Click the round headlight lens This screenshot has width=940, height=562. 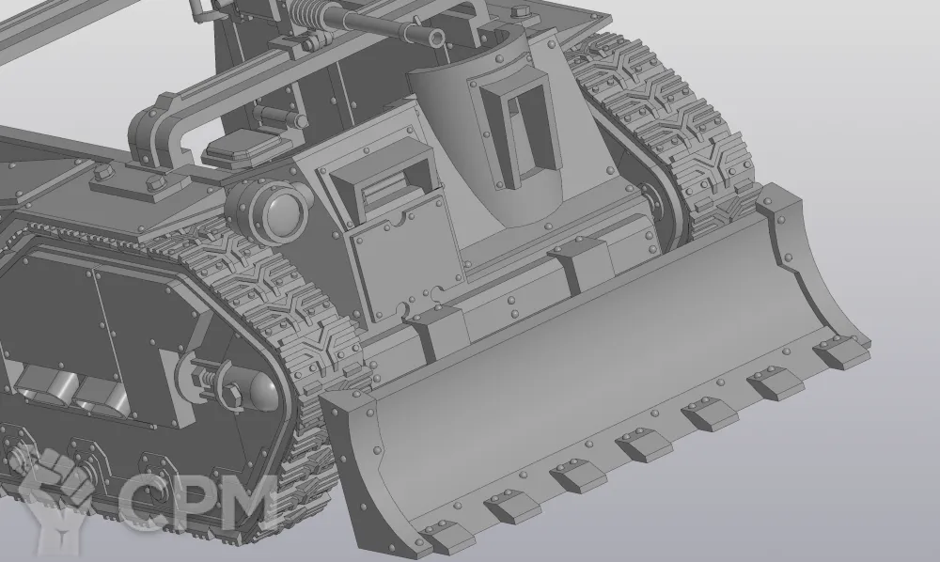pos(281,213)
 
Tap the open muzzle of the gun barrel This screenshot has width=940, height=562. pos(438,39)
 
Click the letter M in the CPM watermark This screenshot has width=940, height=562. pos(244,502)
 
